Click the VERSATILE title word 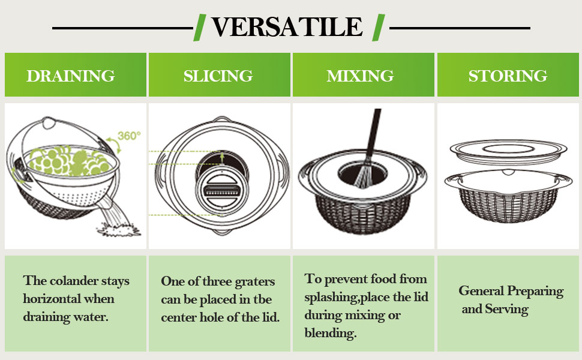[x=287, y=28]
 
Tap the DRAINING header [x=70, y=76]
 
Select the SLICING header [x=218, y=76]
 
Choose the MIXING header [x=360, y=76]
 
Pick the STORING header [x=508, y=76]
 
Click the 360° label [x=128, y=136]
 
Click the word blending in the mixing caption [x=331, y=334]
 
